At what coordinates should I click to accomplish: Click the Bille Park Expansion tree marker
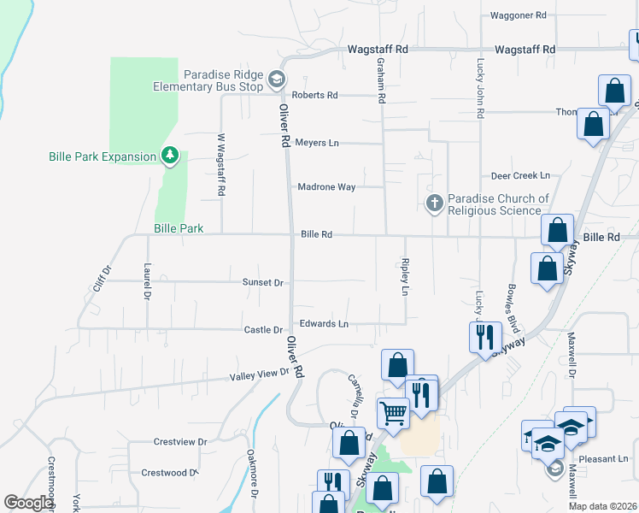[x=171, y=155]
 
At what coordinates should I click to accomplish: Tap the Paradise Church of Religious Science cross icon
[x=434, y=203]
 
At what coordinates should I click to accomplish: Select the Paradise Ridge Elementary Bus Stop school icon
[x=276, y=80]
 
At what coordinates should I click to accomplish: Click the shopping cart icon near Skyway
[x=393, y=414]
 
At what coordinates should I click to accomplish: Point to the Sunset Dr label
[x=262, y=282]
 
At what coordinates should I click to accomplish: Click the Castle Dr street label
[x=263, y=330]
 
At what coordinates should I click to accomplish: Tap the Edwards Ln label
[x=324, y=324]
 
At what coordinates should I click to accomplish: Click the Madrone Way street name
[x=326, y=186]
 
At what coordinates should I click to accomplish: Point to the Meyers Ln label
[x=317, y=143]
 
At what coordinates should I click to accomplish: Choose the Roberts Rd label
[x=315, y=95]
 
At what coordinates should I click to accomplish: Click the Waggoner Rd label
[x=518, y=15]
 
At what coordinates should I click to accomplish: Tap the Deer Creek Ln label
[x=520, y=175]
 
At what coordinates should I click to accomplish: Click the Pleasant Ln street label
[x=603, y=458]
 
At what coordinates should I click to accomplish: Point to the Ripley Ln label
[x=406, y=277]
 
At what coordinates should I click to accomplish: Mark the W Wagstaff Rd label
[x=220, y=165]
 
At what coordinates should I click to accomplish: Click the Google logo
[x=28, y=503]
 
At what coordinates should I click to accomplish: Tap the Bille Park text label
[x=179, y=228]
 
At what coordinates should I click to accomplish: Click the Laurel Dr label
[x=148, y=280]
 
